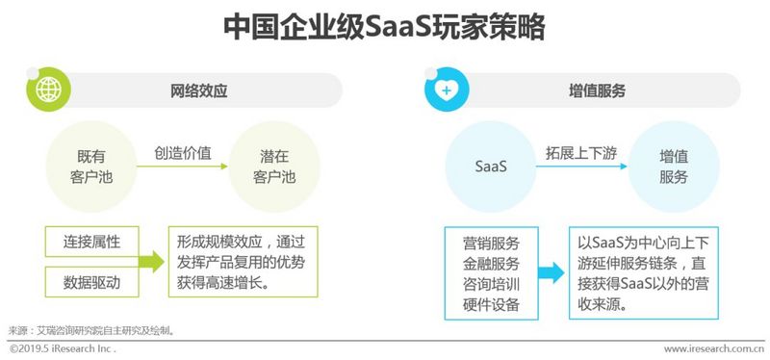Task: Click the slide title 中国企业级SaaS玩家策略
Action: click(x=384, y=26)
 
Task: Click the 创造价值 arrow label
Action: click(x=183, y=152)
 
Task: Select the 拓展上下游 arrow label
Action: click(x=581, y=152)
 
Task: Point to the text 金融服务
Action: click(x=491, y=263)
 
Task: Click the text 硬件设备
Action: click(x=491, y=305)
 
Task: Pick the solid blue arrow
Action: click(x=551, y=273)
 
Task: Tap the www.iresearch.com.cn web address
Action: click(x=713, y=348)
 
